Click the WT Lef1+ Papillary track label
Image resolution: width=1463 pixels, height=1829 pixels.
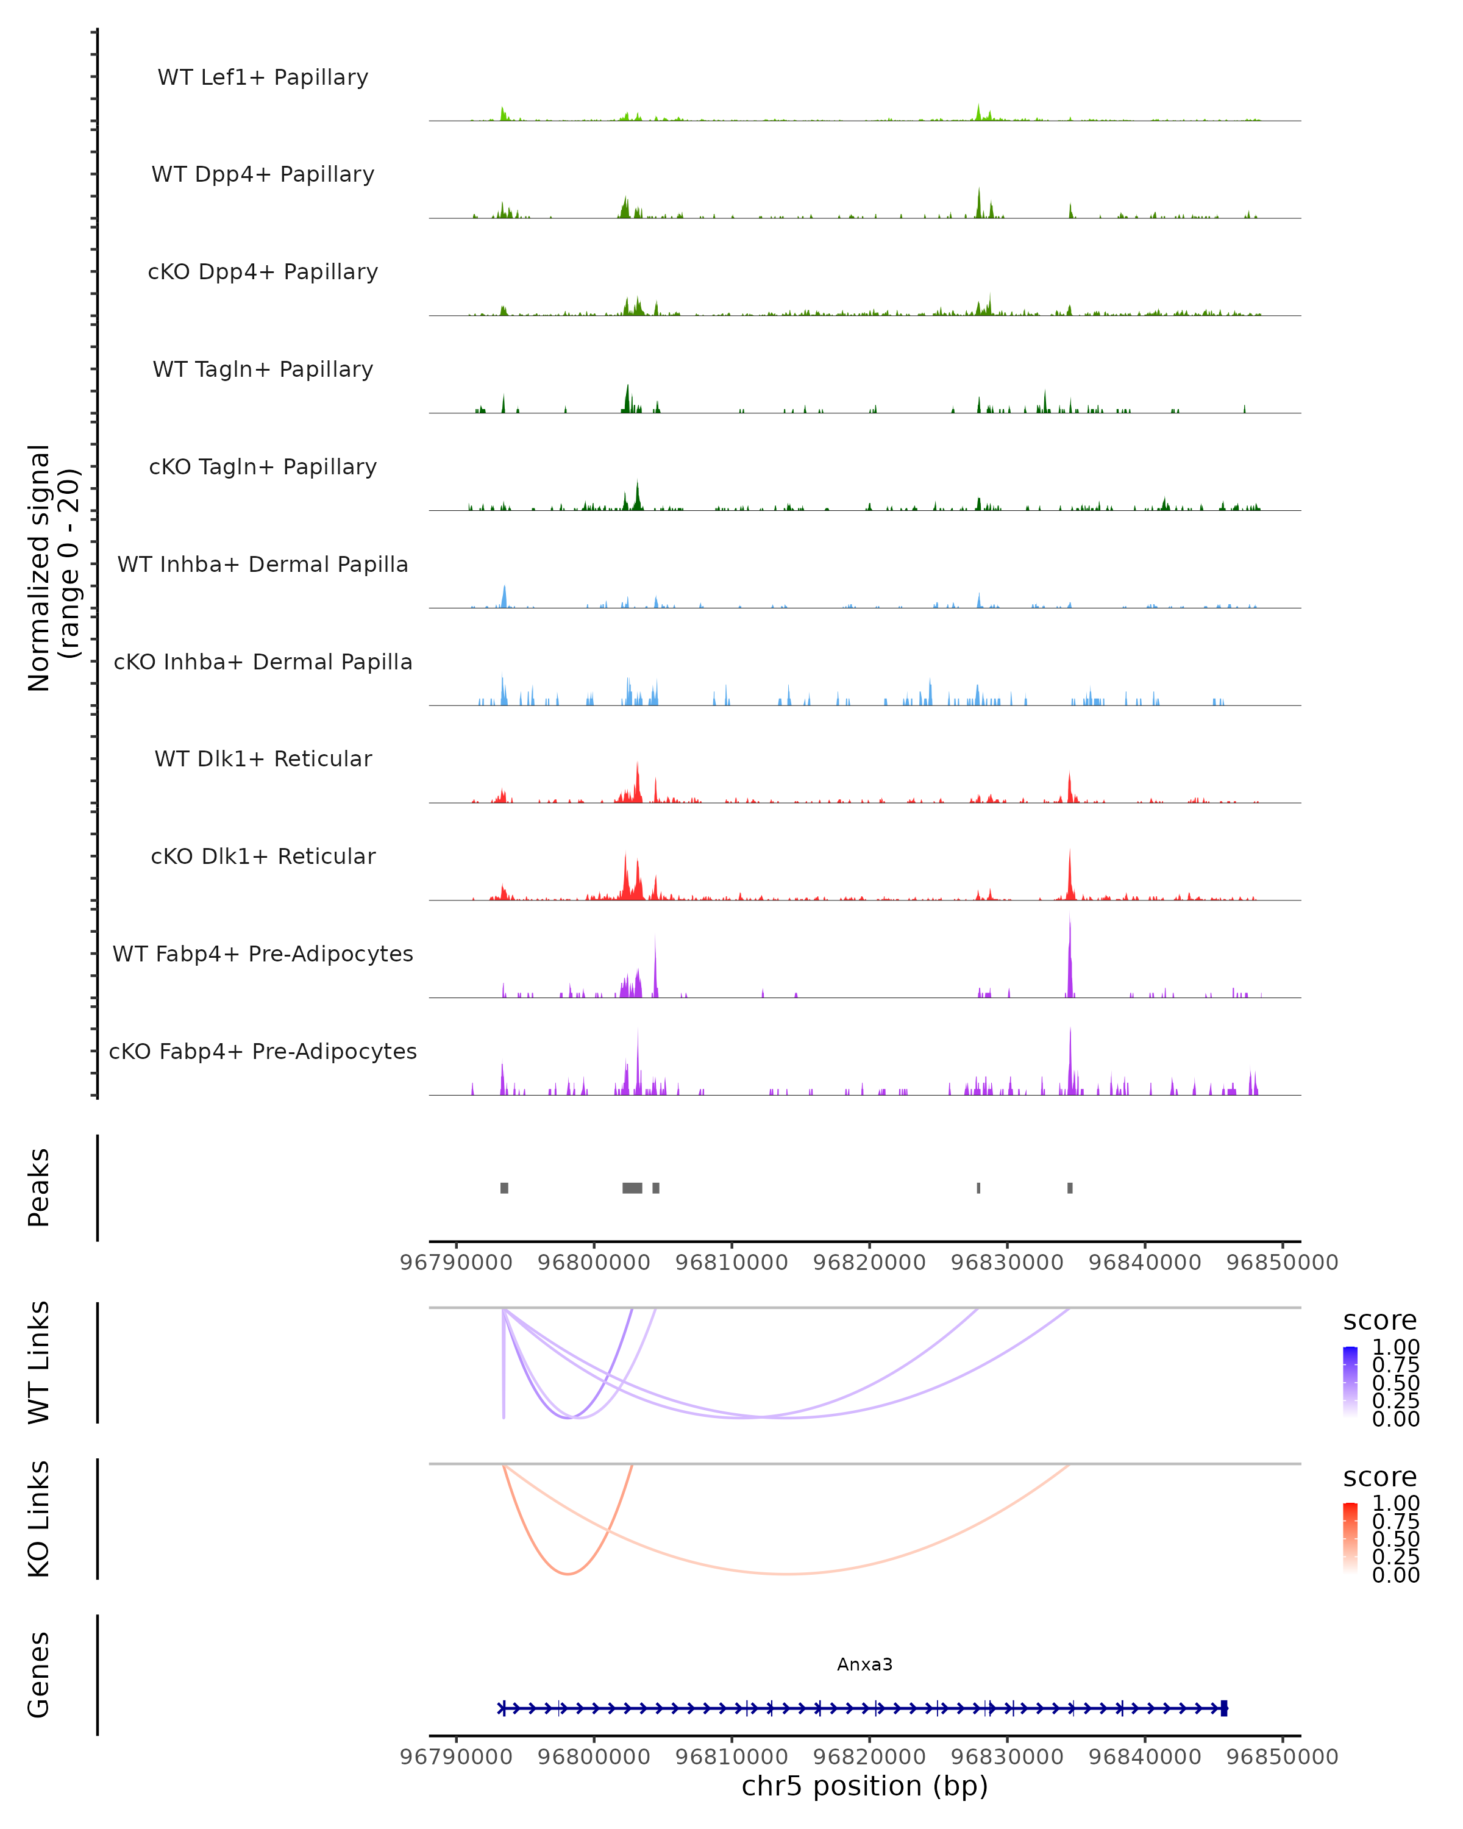(x=263, y=77)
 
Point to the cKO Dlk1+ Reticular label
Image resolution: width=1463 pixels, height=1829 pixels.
(x=263, y=856)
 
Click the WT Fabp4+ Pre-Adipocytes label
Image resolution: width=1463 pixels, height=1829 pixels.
(x=263, y=954)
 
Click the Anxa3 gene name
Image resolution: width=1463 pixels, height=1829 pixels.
(x=864, y=1664)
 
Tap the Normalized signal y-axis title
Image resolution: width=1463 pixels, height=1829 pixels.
(x=52, y=568)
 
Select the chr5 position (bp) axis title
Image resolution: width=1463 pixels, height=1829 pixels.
(x=864, y=1786)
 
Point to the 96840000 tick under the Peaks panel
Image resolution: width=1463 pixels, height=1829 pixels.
(x=1144, y=1263)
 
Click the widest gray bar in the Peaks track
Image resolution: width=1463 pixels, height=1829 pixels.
(x=632, y=1188)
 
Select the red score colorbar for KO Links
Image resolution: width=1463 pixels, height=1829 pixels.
(x=1350, y=1538)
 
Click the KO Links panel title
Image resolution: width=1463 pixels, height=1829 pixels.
(x=39, y=1519)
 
